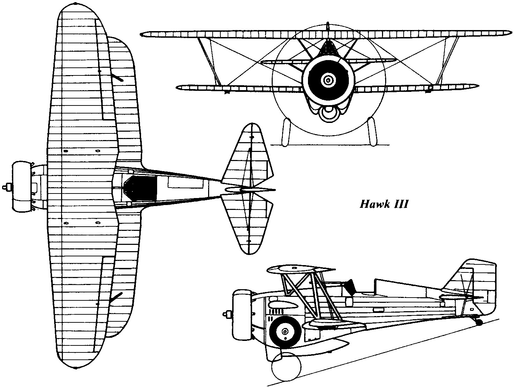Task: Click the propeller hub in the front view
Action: pyautogui.click(x=328, y=80)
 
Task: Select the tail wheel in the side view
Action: pyautogui.click(x=480, y=322)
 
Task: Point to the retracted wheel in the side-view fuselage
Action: pyautogui.click(x=285, y=330)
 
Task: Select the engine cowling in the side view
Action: pyautogui.click(x=241, y=314)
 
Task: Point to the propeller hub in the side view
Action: pyautogui.click(x=227, y=314)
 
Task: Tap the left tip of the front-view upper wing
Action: pyautogui.click(x=143, y=34)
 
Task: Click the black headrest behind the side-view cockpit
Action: pyautogui.click(x=349, y=285)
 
